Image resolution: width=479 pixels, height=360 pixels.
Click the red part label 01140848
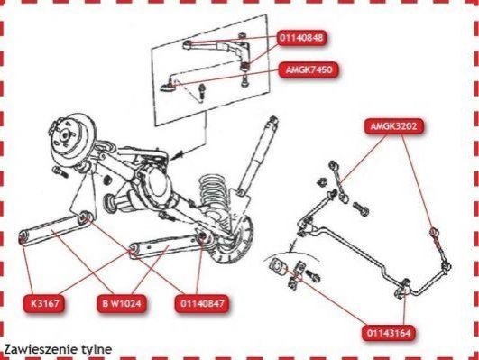point(301,38)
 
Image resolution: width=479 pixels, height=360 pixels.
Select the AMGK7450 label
point(309,69)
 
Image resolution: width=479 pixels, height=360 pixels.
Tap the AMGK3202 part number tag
point(394,126)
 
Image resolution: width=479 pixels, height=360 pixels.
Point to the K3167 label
point(44,304)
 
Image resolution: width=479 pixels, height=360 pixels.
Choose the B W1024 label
point(122,304)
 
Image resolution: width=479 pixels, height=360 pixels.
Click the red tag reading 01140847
point(202,304)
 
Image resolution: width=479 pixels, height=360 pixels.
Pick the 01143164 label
point(389,333)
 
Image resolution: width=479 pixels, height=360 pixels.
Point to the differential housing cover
point(155,183)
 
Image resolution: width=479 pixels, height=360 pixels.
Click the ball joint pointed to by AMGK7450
point(169,86)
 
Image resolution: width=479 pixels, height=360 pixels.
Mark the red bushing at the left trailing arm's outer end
point(23,238)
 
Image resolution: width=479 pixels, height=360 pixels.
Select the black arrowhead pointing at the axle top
point(177,155)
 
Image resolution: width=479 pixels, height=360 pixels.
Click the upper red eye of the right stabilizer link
point(434,231)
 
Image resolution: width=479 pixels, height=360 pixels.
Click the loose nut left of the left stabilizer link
point(321,183)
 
